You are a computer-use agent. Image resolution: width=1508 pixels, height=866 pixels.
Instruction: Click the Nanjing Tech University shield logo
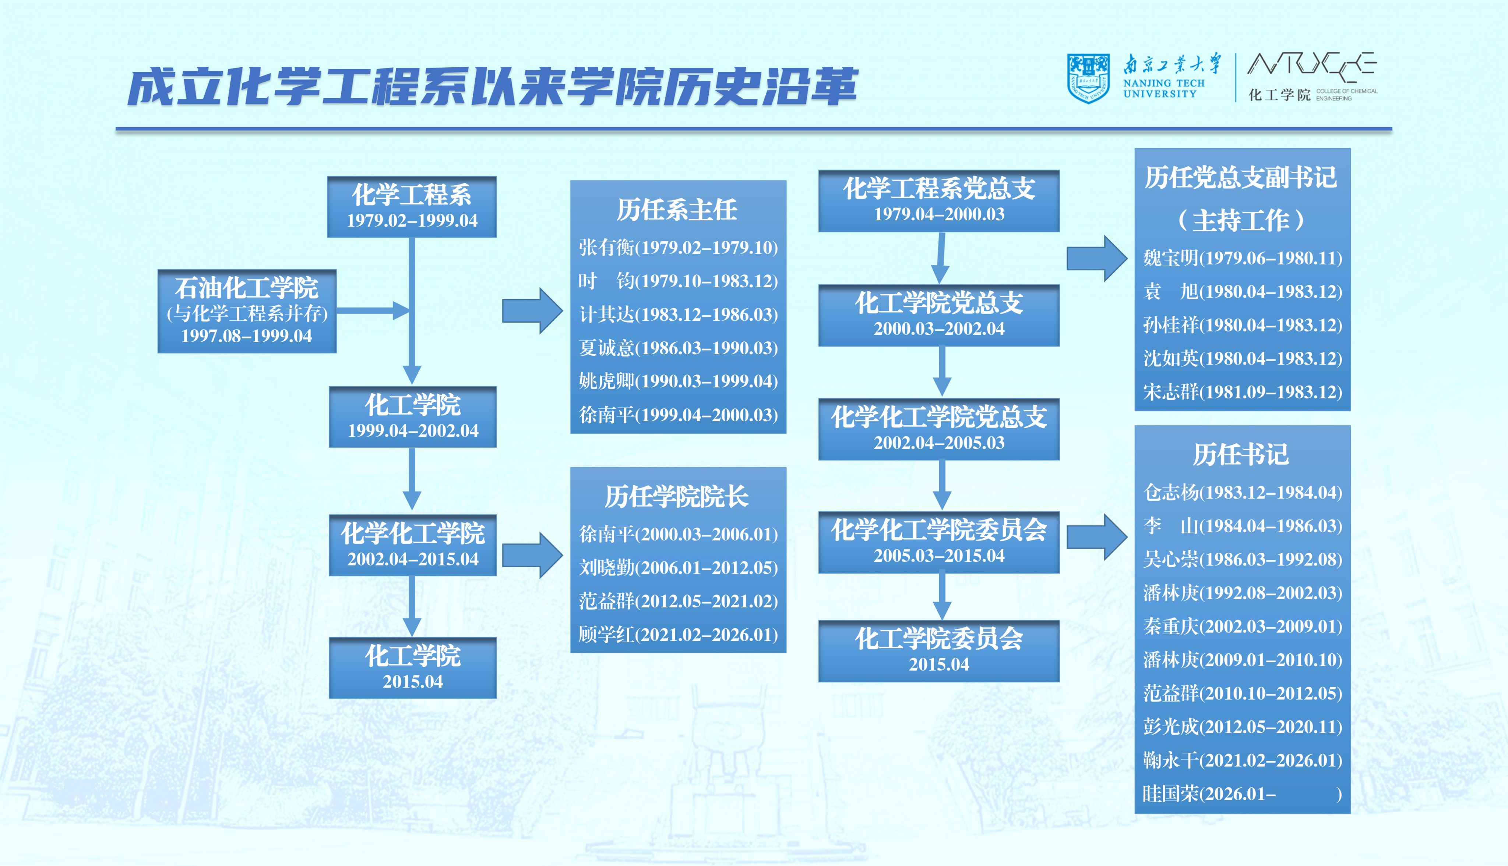pyautogui.click(x=1088, y=78)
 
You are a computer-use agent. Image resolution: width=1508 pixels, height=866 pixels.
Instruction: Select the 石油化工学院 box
pyautogui.click(x=247, y=311)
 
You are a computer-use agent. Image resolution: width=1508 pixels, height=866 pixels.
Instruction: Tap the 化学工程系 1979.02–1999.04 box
pyautogui.click(x=412, y=206)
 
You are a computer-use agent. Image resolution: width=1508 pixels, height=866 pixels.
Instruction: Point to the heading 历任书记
pyautogui.click(x=1241, y=454)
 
